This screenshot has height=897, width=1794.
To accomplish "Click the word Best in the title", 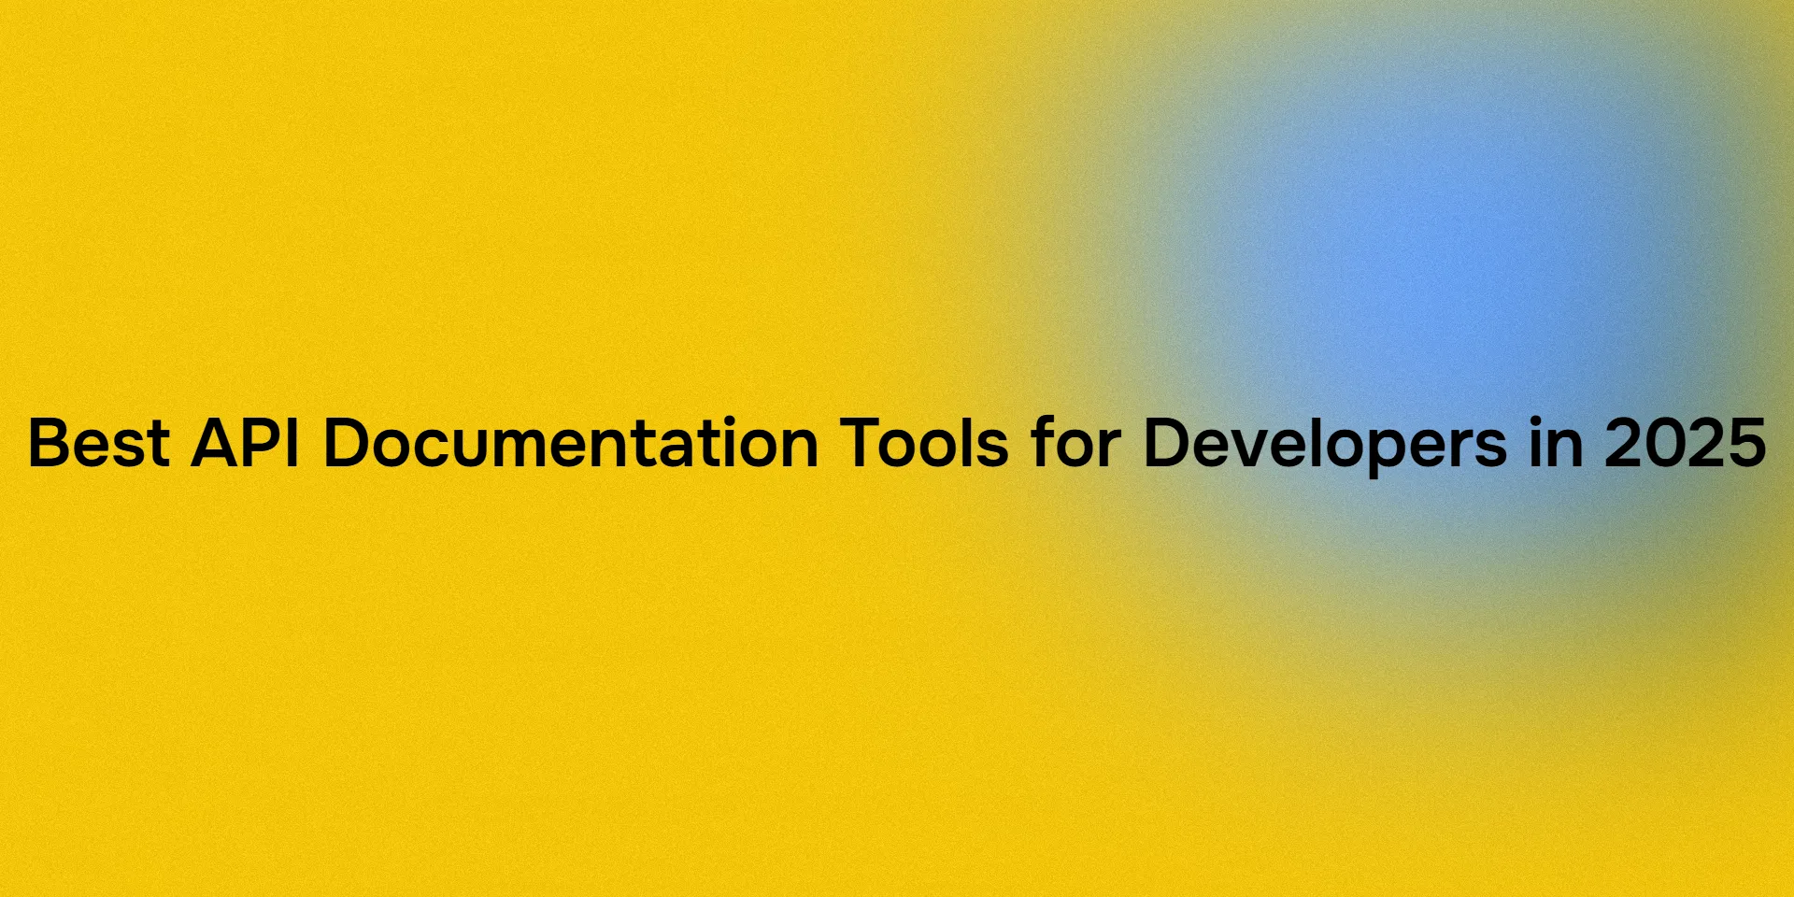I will point(98,443).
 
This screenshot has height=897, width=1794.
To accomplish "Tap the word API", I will point(245,443).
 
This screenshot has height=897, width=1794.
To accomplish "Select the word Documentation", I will point(571,443).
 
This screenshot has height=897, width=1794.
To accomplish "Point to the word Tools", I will point(924,443).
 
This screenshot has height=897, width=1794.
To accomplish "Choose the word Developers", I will point(1324,443).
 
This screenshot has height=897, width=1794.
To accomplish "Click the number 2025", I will point(1685,443).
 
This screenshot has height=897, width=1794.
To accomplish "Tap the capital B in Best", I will point(47,443).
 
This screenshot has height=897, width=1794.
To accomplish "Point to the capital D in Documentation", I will point(346,443).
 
